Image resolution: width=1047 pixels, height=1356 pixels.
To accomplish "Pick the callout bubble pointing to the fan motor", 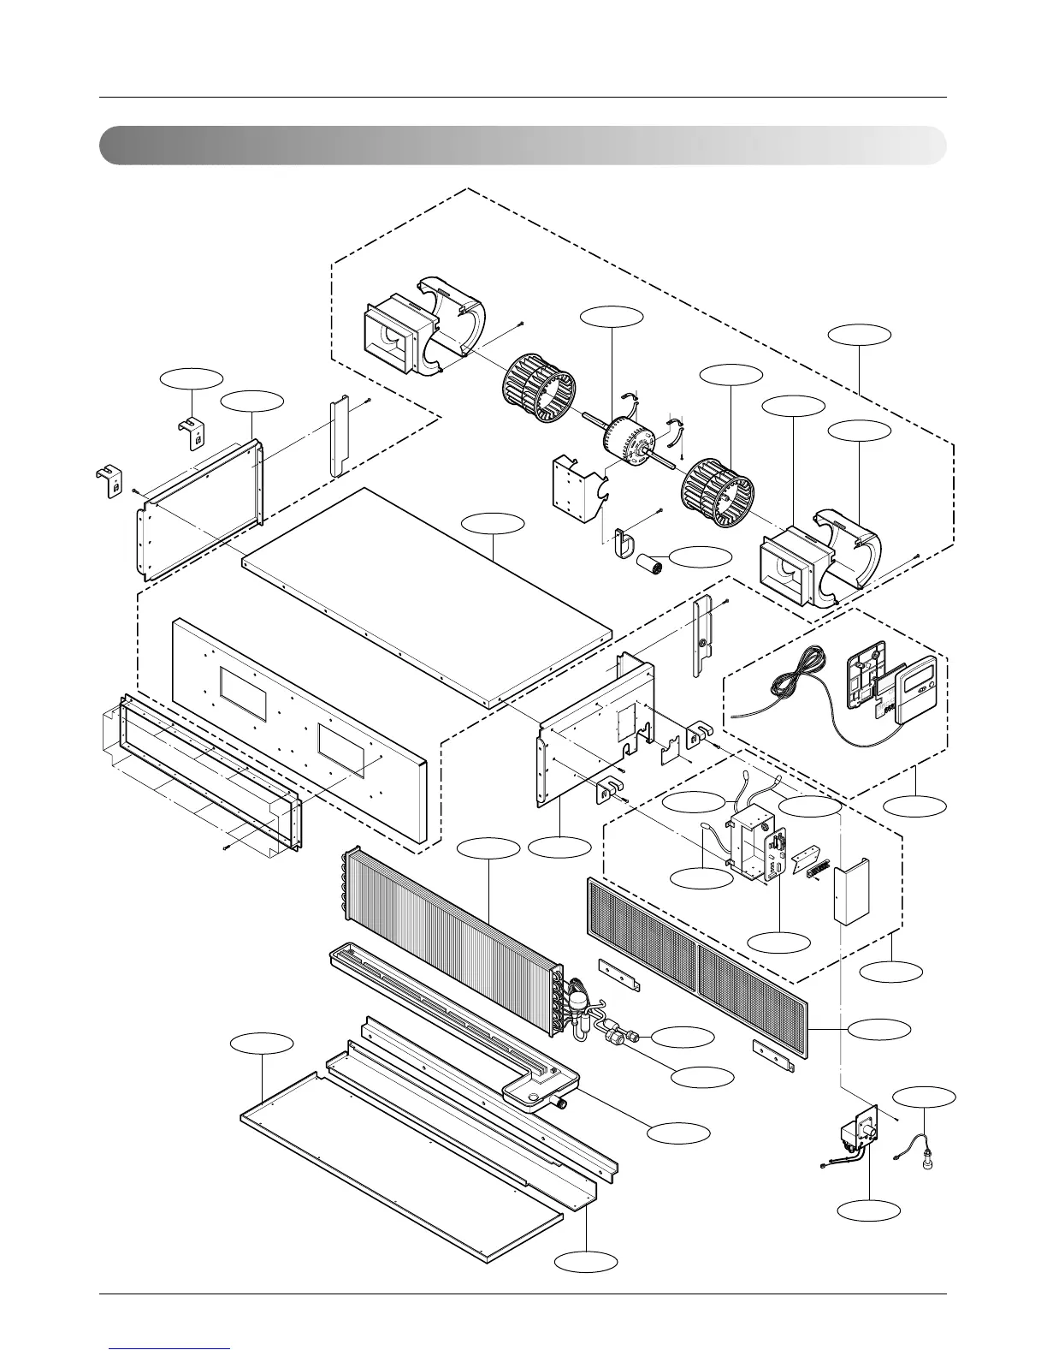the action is coord(611,315).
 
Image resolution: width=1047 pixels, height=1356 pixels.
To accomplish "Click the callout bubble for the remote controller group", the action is coord(915,806).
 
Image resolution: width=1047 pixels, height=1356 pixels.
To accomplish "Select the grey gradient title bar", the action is coord(523,146).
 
